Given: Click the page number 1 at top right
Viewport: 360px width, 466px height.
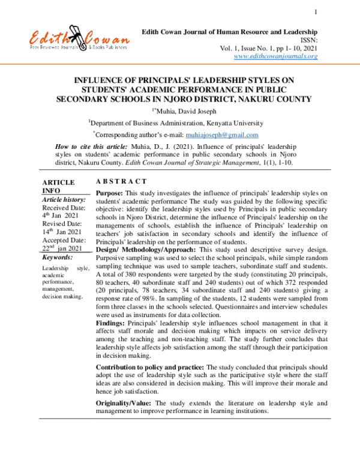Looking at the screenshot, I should pos(315,12).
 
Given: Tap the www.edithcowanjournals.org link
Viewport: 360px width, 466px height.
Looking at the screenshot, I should pos(275,56).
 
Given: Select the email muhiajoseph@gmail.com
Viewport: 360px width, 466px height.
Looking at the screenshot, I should pos(222,135).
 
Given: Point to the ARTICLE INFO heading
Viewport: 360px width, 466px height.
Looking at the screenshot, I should pos(58,187).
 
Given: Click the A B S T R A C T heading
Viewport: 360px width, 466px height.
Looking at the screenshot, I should pos(122,181).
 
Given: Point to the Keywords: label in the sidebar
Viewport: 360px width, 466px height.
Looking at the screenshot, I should pos(58,256).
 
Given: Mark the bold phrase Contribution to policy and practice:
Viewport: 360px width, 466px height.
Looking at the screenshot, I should pos(151,366).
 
